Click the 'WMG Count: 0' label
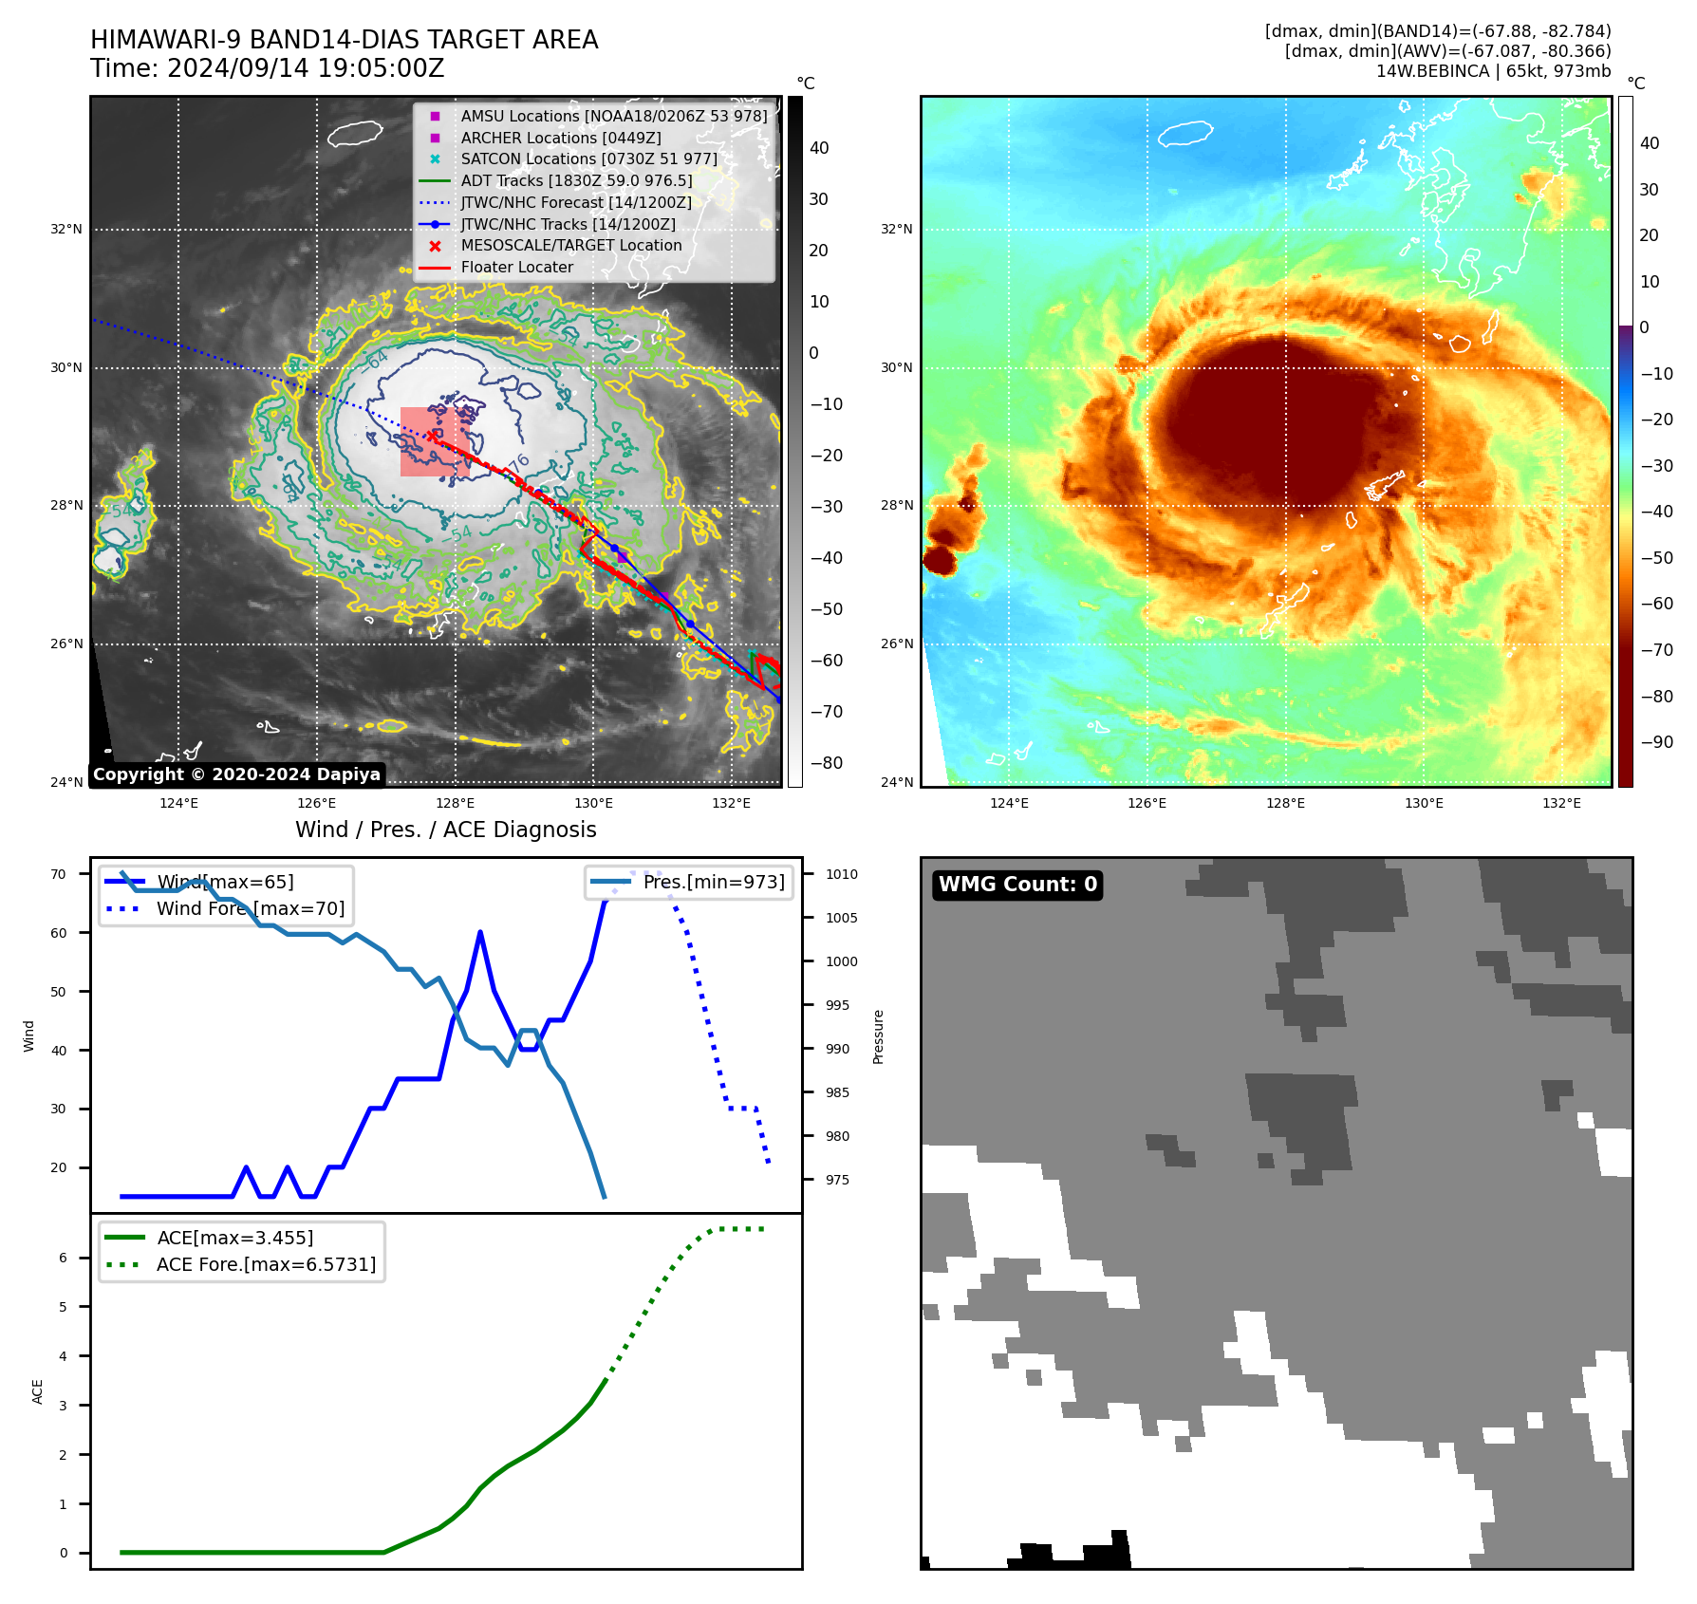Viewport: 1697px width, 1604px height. (x=1017, y=885)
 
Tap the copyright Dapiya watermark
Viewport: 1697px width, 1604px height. (x=236, y=774)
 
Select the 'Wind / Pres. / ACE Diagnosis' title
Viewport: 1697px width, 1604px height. (x=446, y=830)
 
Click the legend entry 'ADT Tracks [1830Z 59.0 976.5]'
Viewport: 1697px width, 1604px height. (x=576, y=180)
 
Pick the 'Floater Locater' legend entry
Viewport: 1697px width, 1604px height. (x=516, y=268)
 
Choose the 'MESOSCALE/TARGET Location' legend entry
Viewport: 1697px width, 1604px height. (x=570, y=246)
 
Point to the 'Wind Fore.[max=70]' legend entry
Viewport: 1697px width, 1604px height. (x=251, y=908)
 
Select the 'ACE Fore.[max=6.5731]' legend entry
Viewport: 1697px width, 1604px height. (x=266, y=1264)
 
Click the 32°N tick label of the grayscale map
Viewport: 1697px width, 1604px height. (x=66, y=229)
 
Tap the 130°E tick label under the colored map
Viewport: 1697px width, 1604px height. (x=1424, y=803)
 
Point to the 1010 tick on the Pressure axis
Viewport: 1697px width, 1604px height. (x=841, y=874)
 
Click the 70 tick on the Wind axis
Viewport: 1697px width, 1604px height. (x=59, y=874)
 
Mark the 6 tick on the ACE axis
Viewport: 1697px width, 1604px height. (x=64, y=1258)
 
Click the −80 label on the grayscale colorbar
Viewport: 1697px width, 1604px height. (x=826, y=763)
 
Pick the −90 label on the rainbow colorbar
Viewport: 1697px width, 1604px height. (x=1656, y=742)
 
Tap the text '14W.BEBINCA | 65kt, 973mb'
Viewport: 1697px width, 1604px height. (x=1493, y=71)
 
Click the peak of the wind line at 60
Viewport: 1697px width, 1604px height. (x=480, y=932)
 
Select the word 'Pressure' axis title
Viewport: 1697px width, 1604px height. (x=878, y=1036)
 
